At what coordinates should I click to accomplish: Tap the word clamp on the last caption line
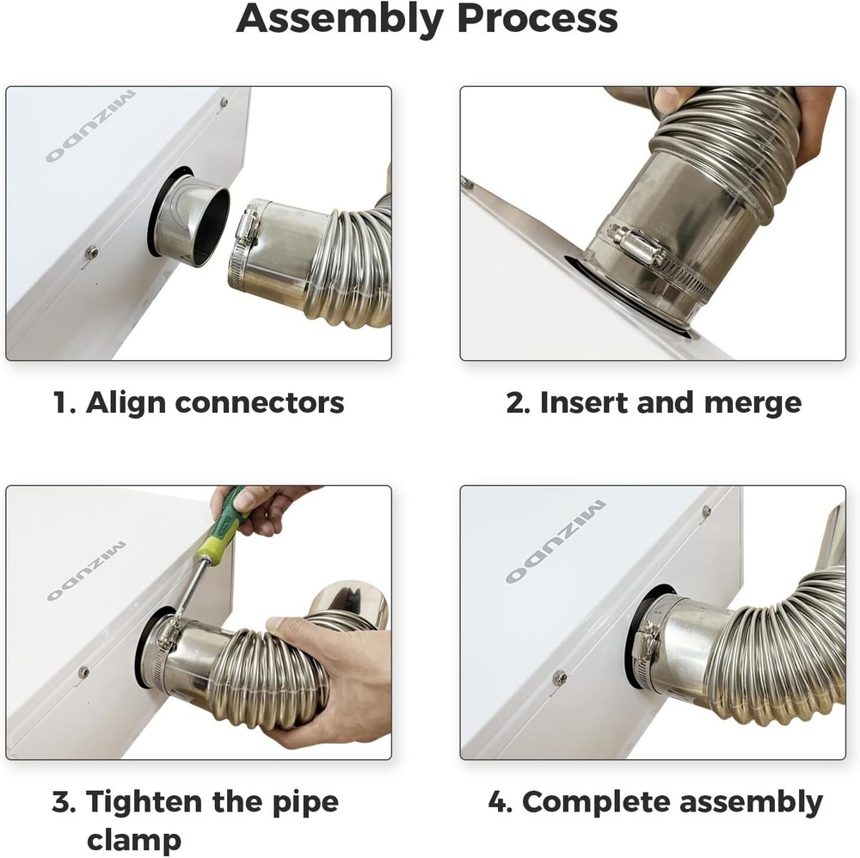pyautogui.click(x=133, y=839)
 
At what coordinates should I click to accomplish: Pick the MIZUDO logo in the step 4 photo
pyautogui.click(x=555, y=542)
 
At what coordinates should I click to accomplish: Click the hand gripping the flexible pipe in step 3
pyautogui.click(x=322, y=671)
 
